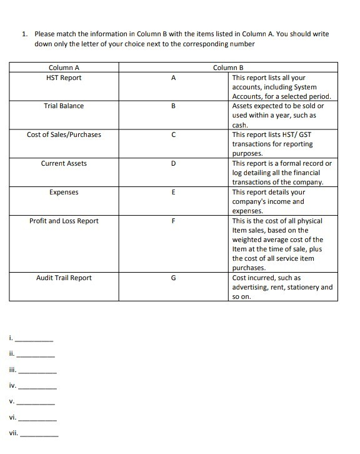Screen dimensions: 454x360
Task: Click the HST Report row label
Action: [x=64, y=78]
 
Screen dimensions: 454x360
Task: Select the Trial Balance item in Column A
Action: [x=64, y=106]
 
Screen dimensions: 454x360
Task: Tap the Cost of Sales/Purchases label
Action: [x=64, y=134]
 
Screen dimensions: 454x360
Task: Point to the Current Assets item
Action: [x=64, y=163]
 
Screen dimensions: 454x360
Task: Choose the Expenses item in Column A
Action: [x=64, y=192]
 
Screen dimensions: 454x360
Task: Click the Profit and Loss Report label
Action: [x=64, y=221]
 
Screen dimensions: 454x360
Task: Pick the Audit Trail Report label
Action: [x=64, y=278]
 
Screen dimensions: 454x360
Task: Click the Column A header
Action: [x=64, y=68]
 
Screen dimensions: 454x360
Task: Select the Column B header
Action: [x=228, y=68]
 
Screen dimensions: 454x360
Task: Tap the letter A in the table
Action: [x=173, y=78]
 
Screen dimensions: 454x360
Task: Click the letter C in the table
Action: [x=173, y=134]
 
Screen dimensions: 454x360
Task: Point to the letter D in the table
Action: [x=173, y=163]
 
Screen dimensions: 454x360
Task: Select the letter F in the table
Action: [x=173, y=221]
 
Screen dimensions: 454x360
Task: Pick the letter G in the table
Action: [x=173, y=278]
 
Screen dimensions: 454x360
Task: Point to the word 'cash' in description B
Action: [x=239, y=125]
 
